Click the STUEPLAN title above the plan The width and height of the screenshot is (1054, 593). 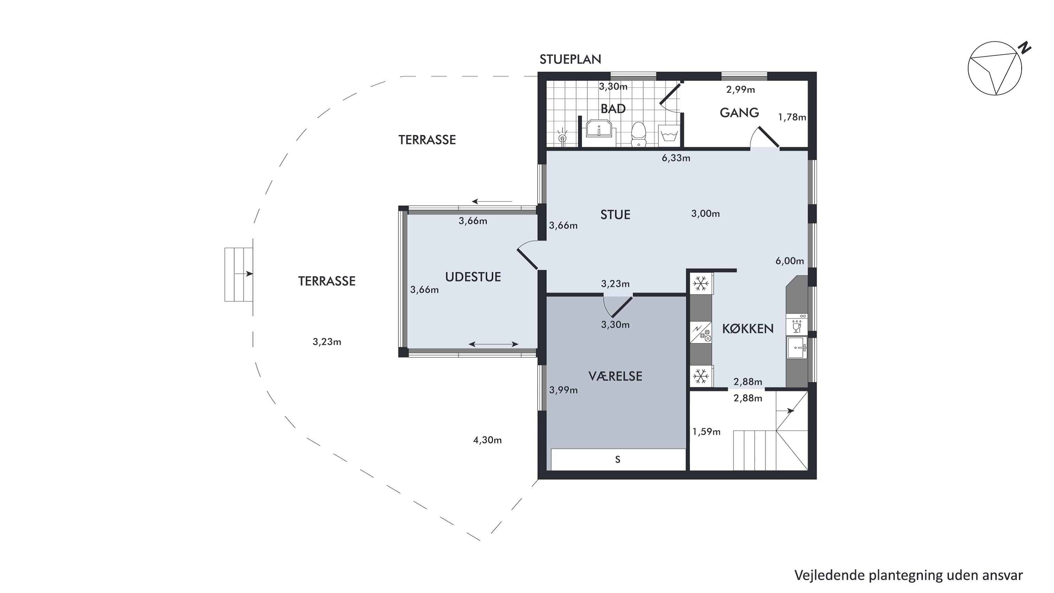tap(570, 60)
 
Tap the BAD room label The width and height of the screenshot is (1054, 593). tap(613, 109)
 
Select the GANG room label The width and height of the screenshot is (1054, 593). tap(739, 112)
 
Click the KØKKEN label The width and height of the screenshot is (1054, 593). tap(748, 329)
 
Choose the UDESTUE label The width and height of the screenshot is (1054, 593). tap(473, 277)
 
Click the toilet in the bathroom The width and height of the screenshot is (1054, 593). tap(638, 134)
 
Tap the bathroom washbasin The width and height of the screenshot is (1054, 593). tap(599, 129)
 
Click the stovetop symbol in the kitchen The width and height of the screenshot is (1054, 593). tap(701, 333)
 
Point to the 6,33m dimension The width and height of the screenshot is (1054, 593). tap(676, 158)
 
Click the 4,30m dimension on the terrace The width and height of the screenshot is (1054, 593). tap(487, 440)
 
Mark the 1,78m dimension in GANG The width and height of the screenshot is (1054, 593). tap(792, 117)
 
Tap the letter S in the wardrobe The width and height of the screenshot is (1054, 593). tap(618, 459)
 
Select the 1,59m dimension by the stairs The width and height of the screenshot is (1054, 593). tap(706, 432)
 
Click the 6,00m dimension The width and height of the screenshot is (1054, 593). tap(790, 261)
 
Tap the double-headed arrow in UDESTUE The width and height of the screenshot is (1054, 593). tap(494, 344)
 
